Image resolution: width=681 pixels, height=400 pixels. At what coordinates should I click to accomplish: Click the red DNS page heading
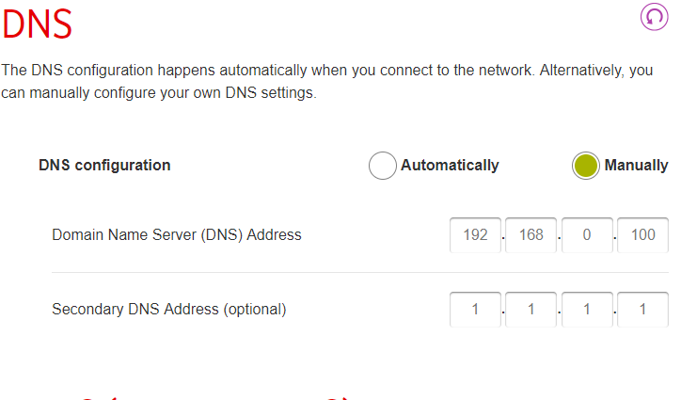[x=37, y=24]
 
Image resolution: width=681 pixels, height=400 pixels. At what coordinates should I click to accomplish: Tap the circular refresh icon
[x=654, y=17]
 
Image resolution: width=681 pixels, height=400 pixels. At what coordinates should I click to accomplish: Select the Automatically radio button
[x=382, y=166]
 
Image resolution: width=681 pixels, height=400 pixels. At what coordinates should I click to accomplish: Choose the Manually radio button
[x=585, y=166]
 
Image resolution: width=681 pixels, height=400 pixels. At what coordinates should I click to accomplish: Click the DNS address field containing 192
[x=475, y=234]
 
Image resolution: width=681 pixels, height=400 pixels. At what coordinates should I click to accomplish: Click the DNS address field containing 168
[x=531, y=234]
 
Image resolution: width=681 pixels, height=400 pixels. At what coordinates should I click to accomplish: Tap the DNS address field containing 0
[x=587, y=234]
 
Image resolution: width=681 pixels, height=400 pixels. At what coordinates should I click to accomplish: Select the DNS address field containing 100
[x=642, y=234]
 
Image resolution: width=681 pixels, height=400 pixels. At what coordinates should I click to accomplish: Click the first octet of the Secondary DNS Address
[x=475, y=309]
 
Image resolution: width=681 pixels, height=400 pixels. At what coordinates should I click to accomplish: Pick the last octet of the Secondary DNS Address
[x=642, y=309]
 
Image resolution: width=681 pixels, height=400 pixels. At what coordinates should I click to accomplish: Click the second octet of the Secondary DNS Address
[x=531, y=309]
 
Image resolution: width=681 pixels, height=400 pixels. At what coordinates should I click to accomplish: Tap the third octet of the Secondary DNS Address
[x=587, y=309]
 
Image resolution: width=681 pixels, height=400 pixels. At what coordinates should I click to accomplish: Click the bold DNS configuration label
[x=104, y=166]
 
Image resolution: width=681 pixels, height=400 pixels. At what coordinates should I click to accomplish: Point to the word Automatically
[x=450, y=166]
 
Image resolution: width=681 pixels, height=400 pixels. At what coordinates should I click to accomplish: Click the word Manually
[x=636, y=166]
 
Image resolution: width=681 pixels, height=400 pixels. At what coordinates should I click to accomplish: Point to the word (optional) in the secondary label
[x=255, y=310]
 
